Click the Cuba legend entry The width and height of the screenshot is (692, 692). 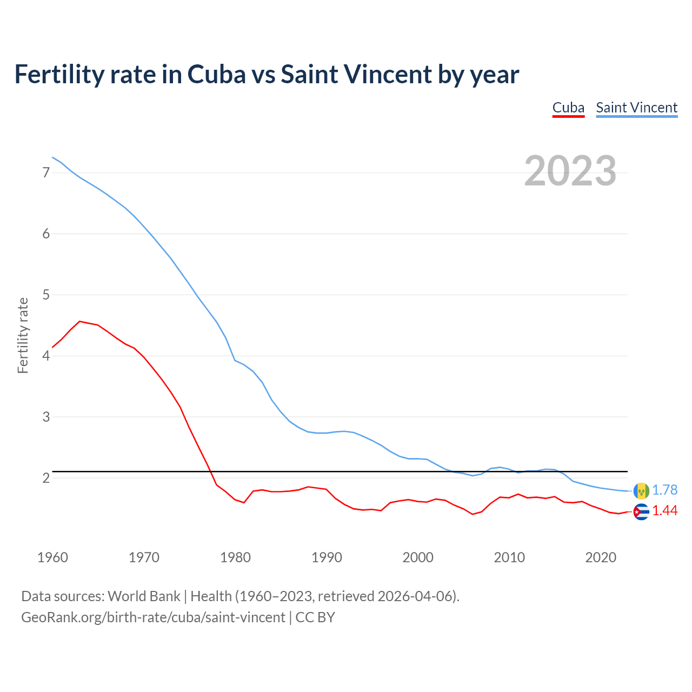point(568,108)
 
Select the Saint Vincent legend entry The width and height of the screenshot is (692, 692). point(636,108)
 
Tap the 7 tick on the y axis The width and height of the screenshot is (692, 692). point(46,173)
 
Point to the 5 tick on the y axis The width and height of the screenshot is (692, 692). point(46,295)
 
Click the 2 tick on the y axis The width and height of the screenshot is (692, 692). point(46,478)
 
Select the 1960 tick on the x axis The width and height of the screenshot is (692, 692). point(52,557)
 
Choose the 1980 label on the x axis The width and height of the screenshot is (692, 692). point(235,557)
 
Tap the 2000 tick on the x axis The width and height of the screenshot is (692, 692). point(418,557)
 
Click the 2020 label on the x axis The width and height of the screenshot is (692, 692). point(601,557)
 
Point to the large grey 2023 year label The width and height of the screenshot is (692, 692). point(570,171)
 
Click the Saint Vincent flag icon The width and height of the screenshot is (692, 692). point(641,490)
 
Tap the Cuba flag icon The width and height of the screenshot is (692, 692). point(641,511)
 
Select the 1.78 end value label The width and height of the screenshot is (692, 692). point(664,490)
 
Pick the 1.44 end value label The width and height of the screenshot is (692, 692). point(664,511)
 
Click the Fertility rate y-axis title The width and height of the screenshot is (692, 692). point(23,335)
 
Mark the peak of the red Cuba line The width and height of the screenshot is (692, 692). point(80,321)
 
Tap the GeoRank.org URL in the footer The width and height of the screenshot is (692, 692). point(153,617)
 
